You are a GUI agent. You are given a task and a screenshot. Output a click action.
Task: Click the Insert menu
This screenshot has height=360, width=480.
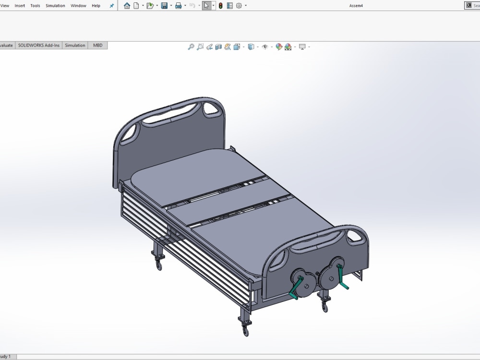(x=20, y=6)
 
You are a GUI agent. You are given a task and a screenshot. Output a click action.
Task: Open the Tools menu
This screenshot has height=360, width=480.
(x=35, y=6)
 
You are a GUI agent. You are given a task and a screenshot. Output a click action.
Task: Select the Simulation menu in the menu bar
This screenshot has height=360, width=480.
(x=55, y=6)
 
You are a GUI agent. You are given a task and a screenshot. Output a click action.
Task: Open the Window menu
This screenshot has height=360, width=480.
(x=78, y=6)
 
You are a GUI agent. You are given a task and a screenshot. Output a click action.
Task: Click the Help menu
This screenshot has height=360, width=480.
(x=96, y=6)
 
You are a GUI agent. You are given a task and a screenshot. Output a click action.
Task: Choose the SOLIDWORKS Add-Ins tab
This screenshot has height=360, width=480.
(x=39, y=46)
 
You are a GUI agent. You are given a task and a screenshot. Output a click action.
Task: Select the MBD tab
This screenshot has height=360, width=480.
(x=98, y=46)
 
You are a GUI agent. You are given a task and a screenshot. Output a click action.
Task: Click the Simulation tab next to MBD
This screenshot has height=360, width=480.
(x=75, y=46)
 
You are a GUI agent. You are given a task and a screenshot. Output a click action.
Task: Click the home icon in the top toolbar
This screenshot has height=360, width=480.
(x=127, y=6)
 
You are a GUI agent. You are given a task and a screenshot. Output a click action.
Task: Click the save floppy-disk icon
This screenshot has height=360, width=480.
(x=164, y=6)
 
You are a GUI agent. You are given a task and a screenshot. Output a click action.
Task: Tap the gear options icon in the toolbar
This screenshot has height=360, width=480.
(x=239, y=6)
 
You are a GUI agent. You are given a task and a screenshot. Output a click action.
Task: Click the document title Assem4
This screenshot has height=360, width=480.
(x=356, y=6)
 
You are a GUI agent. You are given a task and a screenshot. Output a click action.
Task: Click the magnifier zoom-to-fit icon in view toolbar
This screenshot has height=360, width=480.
(x=191, y=47)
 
